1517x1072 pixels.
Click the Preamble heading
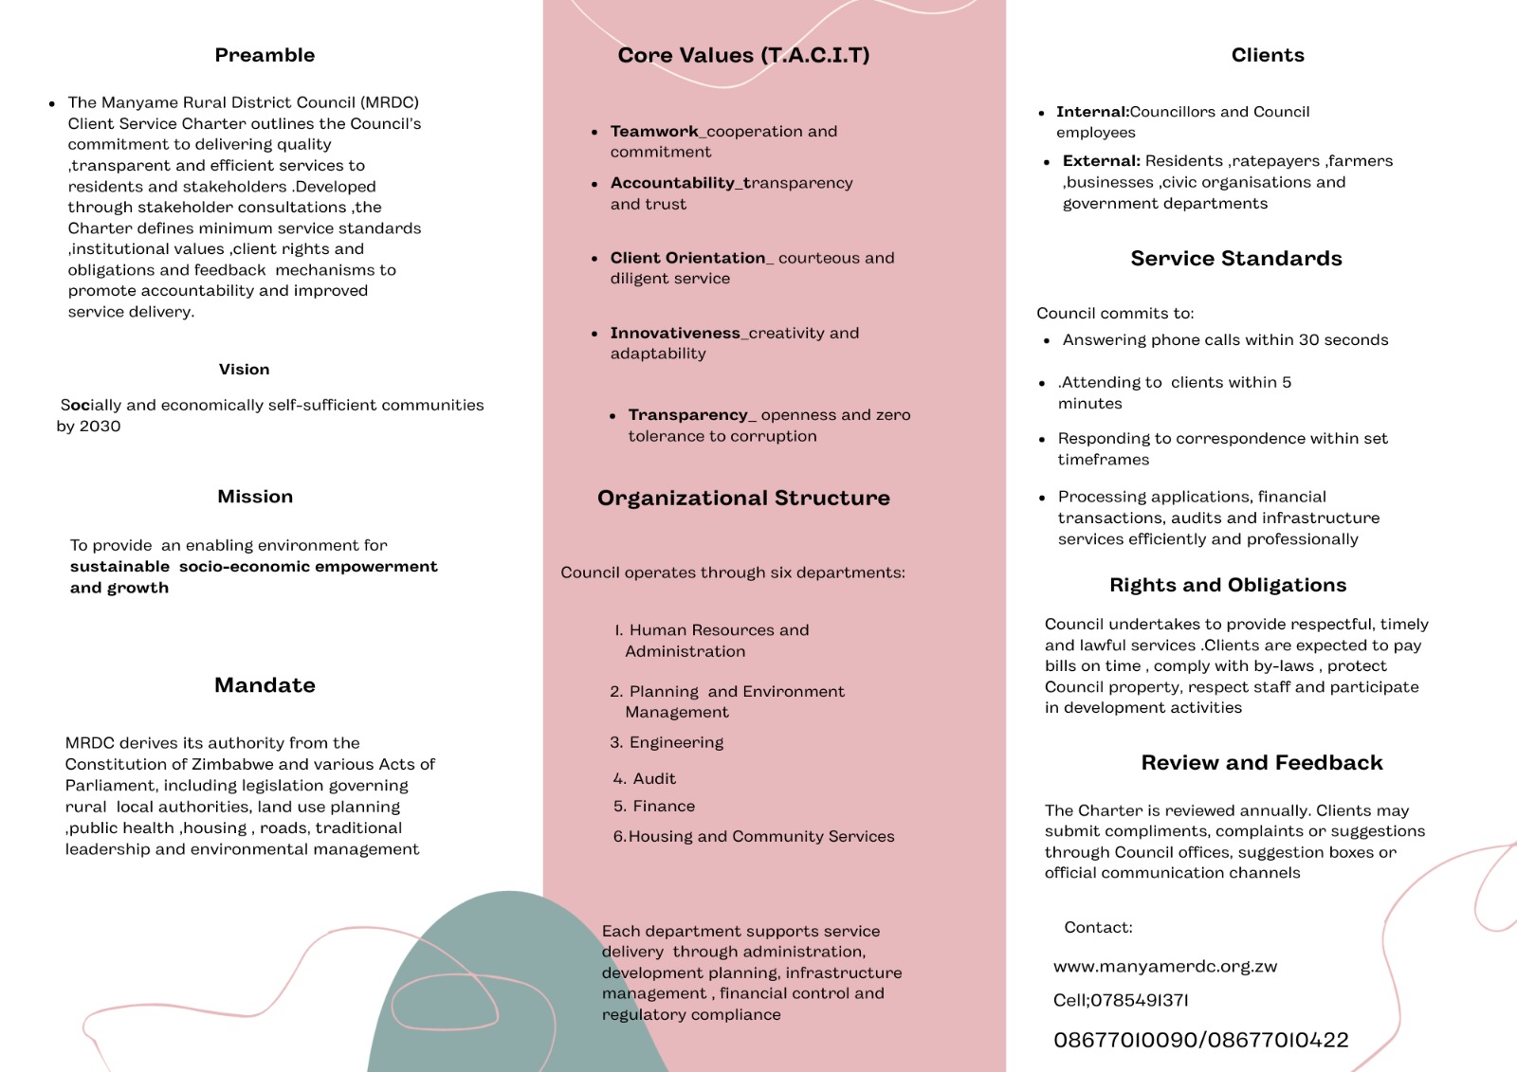pos(265,55)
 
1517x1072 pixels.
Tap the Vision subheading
pos(244,369)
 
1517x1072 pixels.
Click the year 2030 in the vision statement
pos(100,427)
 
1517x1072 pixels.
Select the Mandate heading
pos(265,685)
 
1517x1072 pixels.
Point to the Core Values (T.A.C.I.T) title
pos(743,55)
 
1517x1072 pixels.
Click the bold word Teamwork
pos(654,131)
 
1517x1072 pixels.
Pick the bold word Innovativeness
pos(675,333)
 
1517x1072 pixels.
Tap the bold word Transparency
pos(688,415)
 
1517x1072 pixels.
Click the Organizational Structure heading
pos(743,498)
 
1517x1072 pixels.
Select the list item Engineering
pos(676,742)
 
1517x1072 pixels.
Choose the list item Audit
pos(654,778)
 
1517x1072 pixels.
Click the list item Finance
pos(664,806)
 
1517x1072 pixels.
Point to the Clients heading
pos(1268,55)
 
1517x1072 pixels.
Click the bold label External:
pos(1101,161)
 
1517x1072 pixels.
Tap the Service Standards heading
pos(1235,259)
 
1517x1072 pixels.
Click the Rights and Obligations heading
pos(1228,585)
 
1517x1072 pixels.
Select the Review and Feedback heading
pos(1262,763)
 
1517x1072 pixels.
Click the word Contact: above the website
pos(1098,927)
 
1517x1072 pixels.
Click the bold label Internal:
pos(1092,112)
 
